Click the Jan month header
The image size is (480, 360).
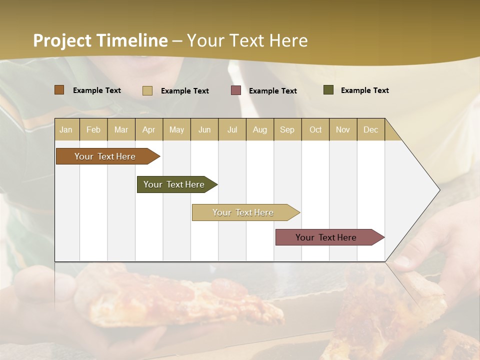point(66,129)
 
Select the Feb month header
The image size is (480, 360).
point(93,129)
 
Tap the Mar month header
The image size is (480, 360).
point(121,129)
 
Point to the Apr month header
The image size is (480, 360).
point(148,129)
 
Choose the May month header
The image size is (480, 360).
point(176,129)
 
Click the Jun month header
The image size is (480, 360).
point(204,129)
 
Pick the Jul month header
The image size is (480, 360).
point(232,129)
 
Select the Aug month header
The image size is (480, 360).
point(259,129)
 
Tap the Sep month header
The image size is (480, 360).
point(287,129)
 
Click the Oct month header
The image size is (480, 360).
point(315,129)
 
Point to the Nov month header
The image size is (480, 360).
point(343,129)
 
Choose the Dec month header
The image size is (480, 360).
point(370,129)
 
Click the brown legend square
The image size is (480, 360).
point(59,90)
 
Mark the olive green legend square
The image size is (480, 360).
point(328,90)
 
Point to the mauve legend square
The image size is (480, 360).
point(236,90)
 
